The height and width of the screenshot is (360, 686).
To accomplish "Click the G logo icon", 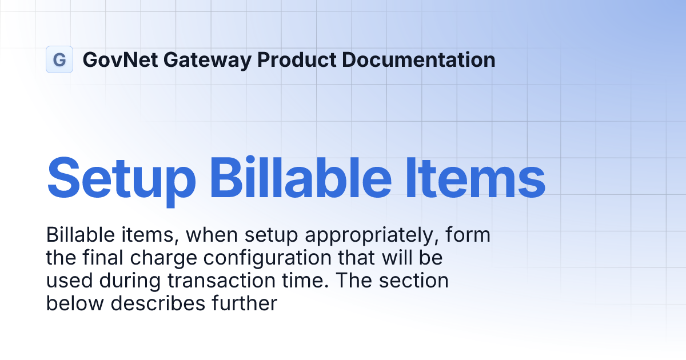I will tap(59, 59).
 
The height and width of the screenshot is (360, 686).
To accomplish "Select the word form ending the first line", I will tap(471, 235).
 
